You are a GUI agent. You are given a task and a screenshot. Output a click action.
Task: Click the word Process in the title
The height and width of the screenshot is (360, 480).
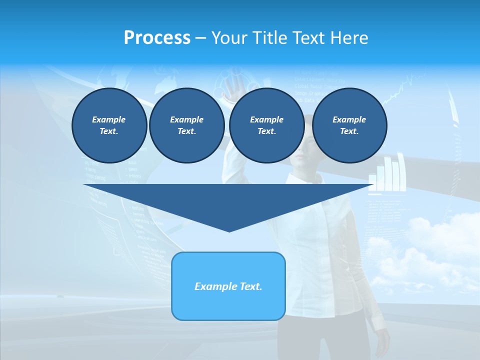point(157,38)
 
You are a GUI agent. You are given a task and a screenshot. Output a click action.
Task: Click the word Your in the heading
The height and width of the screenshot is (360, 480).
point(229,38)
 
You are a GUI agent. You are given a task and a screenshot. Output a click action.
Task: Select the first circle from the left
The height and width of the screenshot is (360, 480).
point(109,125)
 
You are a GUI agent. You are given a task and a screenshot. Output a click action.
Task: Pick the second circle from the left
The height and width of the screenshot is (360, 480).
point(186,125)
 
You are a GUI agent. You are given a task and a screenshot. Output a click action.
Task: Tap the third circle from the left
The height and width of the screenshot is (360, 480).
point(266,125)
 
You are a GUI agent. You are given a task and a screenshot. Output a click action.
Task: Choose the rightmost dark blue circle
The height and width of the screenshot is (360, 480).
point(349,125)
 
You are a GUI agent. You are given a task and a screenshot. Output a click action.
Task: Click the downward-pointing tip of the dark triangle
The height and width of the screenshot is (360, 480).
point(229,230)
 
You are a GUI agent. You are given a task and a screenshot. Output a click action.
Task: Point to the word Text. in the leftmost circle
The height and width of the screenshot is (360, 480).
point(109,131)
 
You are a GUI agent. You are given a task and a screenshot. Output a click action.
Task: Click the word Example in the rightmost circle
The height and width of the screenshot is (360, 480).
point(349,119)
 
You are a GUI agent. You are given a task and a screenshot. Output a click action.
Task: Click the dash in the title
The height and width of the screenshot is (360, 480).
point(200,38)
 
